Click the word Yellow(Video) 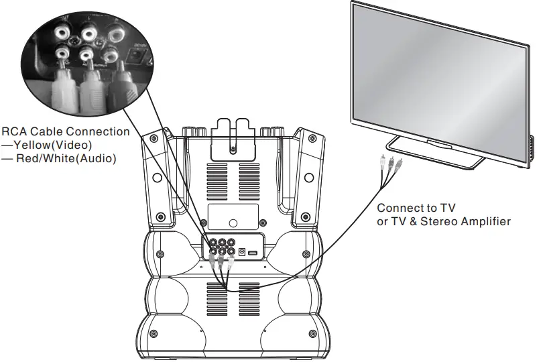tap(52, 145)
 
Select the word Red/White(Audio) tap(66, 159)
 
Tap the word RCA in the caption tap(14, 132)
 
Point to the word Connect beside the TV tap(400, 208)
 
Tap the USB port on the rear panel tap(253, 252)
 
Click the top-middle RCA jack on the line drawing tap(222, 243)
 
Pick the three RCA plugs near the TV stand tap(391, 163)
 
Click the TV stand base tap(436, 153)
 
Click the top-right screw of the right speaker tap(312, 139)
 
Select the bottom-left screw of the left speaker tap(161, 217)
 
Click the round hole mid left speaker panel tap(157, 178)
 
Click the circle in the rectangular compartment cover tap(233, 223)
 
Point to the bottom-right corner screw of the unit tap(312, 335)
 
